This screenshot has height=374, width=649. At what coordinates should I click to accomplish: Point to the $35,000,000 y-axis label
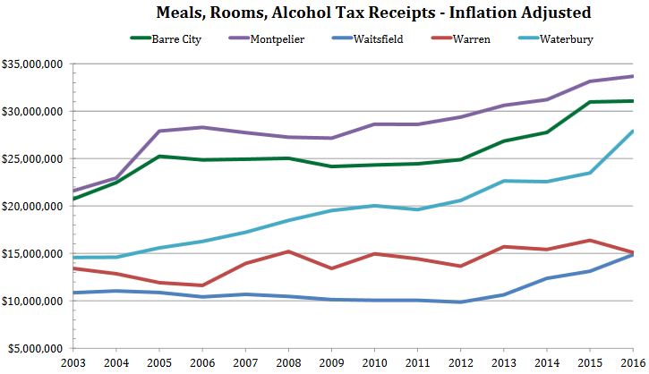pos(32,64)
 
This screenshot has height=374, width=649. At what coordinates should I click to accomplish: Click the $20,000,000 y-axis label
pos(32,206)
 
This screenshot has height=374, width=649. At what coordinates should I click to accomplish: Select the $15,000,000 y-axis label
pos(32,253)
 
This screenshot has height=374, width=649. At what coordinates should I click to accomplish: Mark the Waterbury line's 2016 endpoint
pos(633,131)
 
